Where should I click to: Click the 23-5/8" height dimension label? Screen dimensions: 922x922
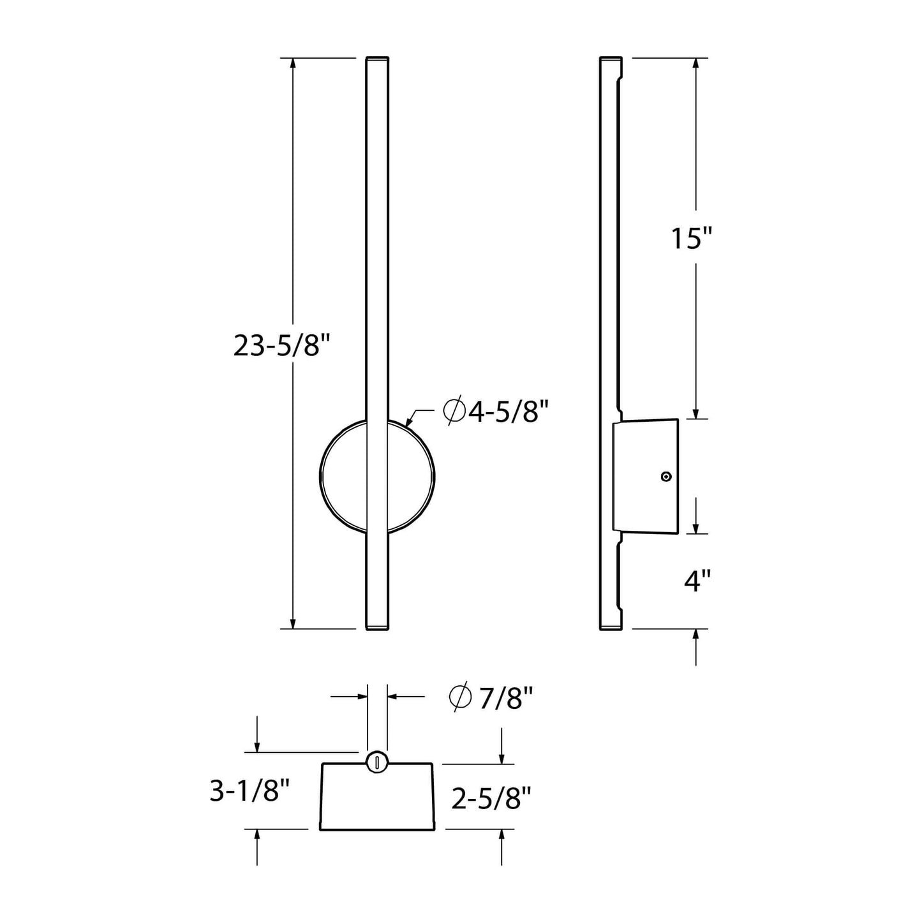tap(281, 346)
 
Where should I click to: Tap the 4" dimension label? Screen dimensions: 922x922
tap(697, 581)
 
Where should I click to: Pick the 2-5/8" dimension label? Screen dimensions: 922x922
tap(492, 798)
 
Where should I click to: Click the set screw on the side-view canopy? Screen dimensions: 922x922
tap(666, 477)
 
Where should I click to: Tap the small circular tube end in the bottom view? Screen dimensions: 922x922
tap(377, 761)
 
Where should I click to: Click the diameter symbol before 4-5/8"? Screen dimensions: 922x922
tap(454, 412)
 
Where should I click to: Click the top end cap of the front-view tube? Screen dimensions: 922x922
tap(376, 59)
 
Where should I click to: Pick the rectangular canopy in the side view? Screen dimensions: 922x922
tap(644, 476)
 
